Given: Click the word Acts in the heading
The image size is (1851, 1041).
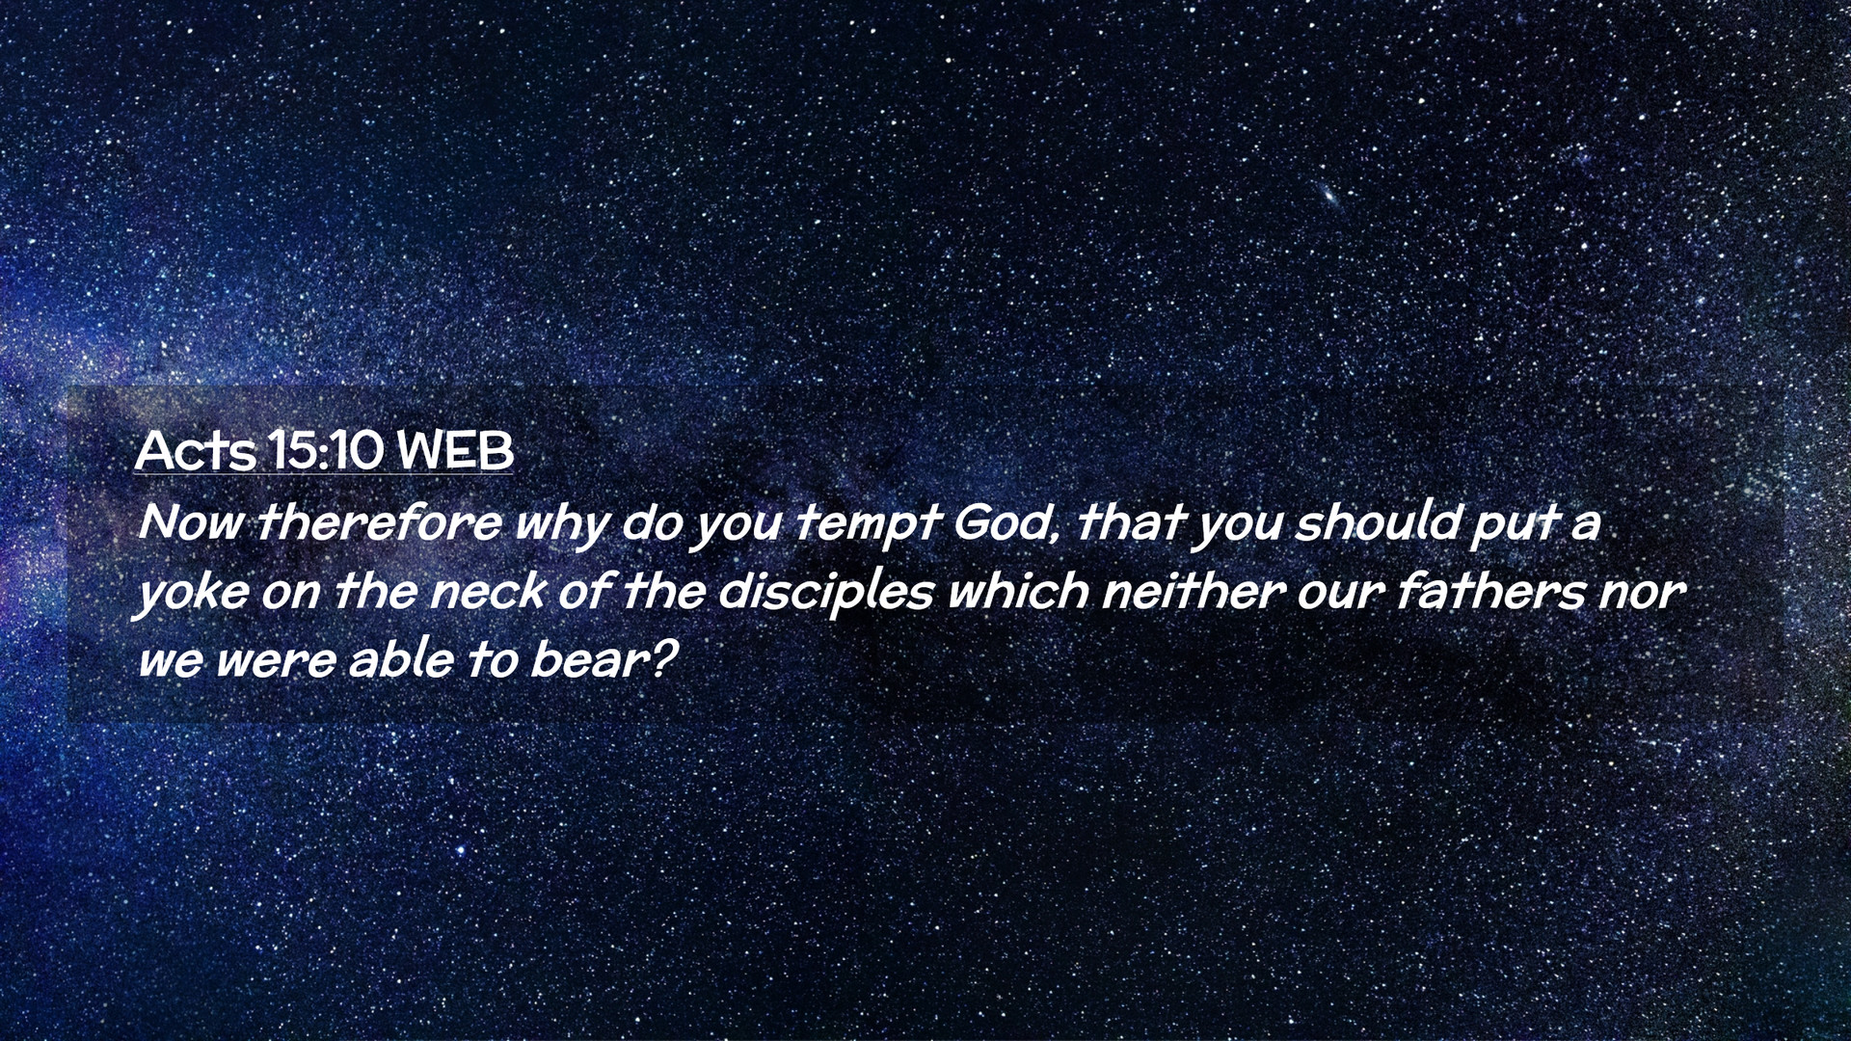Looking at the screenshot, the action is pos(196,449).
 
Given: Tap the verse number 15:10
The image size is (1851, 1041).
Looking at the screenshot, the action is pos(328,450).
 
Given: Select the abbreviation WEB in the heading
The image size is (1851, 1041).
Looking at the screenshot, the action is pos(455,450).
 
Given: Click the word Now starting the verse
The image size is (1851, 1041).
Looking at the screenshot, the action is pos(190,522).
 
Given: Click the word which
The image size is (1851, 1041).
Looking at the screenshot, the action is pos(1018,591).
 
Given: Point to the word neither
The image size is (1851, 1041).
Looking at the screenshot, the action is pos(1193,591).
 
